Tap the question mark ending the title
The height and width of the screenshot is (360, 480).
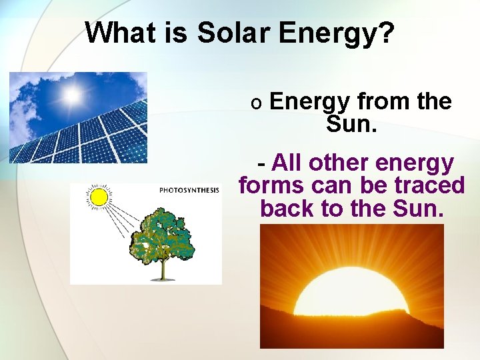click(386, 33)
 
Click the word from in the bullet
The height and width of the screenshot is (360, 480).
click(384, 101)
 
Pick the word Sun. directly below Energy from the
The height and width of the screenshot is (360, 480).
click(351, 123)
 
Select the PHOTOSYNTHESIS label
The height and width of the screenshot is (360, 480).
click(189, 191)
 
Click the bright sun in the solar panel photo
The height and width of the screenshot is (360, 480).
click(71, 95)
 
